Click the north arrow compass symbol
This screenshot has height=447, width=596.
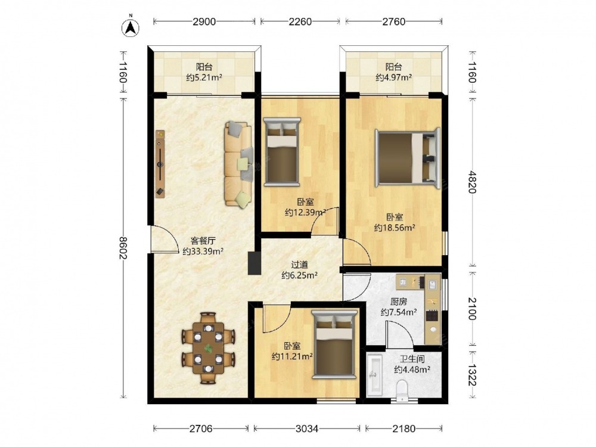[x=131, y=27]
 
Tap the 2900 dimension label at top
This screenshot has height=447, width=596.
[x=204, y=21]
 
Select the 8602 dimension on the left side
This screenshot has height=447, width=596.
[x=123, y=248]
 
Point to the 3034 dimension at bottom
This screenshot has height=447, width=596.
[x=307, y=429]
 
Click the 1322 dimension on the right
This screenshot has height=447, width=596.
[x=471, y=375]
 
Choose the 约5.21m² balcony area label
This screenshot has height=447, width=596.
[x=204, y=78]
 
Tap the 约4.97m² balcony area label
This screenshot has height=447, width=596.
[x=394, y=78]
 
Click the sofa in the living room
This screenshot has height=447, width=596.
[x=239, y=164]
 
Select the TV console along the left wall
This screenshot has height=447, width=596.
[x=160, y=164]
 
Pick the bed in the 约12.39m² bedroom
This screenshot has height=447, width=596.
[x=282, y=151]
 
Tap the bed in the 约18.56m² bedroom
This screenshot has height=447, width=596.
[x=407, y=157]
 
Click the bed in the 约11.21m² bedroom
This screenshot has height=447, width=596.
[x=334, y=344]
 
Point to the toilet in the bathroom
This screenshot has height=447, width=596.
[x=402, y=391]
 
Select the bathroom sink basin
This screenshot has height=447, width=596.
[x=375, y=375]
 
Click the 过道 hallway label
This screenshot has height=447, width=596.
[x=299, y=265]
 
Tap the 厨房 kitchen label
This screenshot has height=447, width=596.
[x=399, y=302]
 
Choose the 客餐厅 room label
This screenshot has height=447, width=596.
[x=203, y=241]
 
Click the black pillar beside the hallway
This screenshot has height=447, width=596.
[x=254, y=263]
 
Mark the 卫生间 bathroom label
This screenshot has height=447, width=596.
[x=412, y=359]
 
